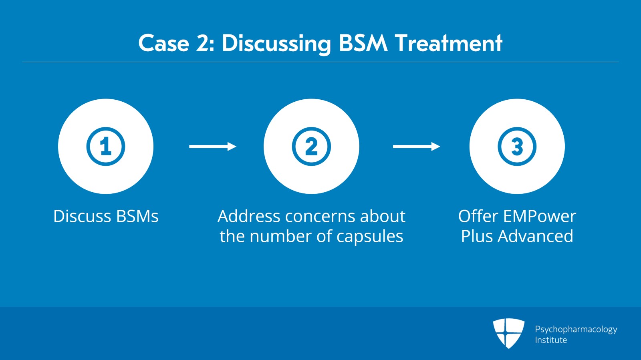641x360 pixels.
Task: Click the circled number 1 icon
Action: point(106,147)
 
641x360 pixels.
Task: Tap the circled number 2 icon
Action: point(311,147)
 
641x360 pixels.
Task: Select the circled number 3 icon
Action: point(517,147)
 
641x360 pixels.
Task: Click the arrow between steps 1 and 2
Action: point(212,147)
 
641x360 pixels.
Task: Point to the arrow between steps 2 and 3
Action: point(416,147)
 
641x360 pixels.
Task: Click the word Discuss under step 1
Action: point(82,216)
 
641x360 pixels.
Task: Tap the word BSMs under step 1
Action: point(137,216)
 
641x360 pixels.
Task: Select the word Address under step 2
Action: point(249,216)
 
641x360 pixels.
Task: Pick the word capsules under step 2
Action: point(369,236)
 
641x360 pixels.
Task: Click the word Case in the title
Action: point(163,43)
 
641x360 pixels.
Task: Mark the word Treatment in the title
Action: point(448,43)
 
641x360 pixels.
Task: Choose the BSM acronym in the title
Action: point(363,43)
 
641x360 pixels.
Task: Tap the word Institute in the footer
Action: point(551,340)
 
